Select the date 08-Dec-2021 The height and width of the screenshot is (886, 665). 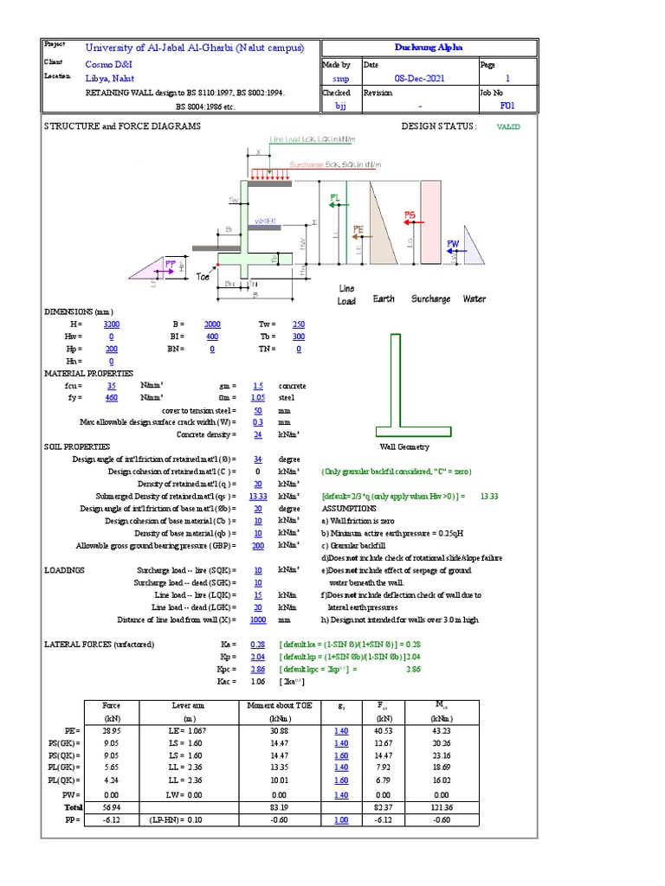419,78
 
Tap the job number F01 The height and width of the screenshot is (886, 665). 507,106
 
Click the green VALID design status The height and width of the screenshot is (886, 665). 508,126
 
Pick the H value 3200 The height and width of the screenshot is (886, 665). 112,324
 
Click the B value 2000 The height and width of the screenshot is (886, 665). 212,324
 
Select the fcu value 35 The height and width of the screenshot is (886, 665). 111,385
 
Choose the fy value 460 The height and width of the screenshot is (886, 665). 111,397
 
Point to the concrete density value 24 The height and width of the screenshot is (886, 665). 257,434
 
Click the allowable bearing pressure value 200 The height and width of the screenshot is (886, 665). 257,546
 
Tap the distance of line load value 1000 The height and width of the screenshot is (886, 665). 257,620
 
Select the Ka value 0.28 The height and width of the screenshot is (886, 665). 257,645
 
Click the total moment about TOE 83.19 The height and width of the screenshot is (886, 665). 279,807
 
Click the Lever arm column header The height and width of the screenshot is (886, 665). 186,706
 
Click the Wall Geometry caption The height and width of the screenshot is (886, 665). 404,447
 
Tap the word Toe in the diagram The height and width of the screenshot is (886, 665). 203,277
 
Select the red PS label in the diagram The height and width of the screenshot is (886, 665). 410,215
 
